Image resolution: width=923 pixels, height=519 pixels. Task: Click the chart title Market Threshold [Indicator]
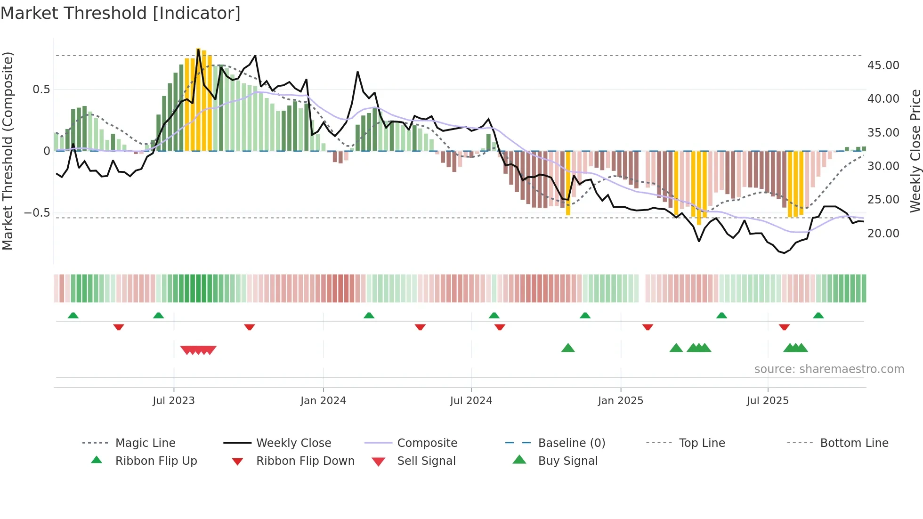(121, 13)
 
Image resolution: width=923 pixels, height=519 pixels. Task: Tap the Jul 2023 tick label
(173, 400)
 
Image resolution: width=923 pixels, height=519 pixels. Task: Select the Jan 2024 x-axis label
(323, 400)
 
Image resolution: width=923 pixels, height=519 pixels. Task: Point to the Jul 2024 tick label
(471, 400)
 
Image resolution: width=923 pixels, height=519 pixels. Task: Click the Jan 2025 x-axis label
(620, 400)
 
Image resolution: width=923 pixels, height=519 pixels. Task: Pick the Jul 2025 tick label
(768, 400)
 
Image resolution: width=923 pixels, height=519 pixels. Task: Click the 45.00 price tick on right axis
(883, 65)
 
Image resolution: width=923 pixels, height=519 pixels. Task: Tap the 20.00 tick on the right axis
(883, 233)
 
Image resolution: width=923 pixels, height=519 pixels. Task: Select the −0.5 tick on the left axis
(37, 212)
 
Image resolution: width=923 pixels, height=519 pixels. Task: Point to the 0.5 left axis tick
(41, 89)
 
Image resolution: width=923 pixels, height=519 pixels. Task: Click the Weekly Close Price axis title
(915, 151)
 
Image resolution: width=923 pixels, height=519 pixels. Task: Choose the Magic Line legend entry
(145, 443)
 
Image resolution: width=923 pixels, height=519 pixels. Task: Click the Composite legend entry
(427, 443)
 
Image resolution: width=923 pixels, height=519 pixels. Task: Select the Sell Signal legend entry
(426, 461)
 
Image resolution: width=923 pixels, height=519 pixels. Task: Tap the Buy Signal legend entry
(567, 461)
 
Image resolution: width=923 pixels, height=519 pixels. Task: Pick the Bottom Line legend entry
(854, 443)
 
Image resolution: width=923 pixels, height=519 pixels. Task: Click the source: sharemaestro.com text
(829, 369)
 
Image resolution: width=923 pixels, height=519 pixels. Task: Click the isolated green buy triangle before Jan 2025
(568, 348)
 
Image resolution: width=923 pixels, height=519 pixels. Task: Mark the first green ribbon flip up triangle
(73, 316)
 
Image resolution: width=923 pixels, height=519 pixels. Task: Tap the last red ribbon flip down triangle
(784, 327)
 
